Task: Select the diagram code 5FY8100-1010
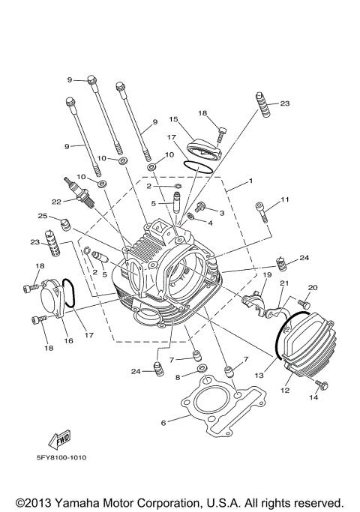(57, 457)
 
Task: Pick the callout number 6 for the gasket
(163, 423)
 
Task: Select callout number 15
(172, 118)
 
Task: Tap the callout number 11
(284, 199)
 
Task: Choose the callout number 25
(43, 216)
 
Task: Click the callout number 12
(284, 390)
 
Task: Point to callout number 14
(314, 397)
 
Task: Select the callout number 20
(313, 287)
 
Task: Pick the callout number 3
(221, 213)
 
